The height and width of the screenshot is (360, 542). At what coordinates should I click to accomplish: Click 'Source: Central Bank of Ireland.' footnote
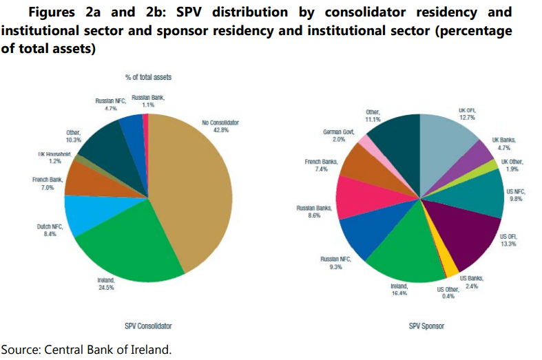pos(85,350)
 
